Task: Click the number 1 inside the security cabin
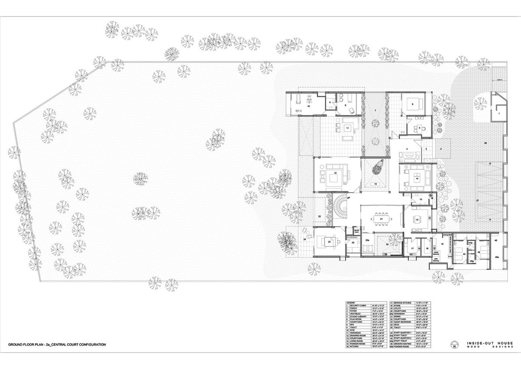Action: pos(499,113)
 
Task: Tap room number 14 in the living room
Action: pos(416,178)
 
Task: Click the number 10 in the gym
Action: pos(309,106)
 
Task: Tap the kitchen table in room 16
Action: pos(417,219)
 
